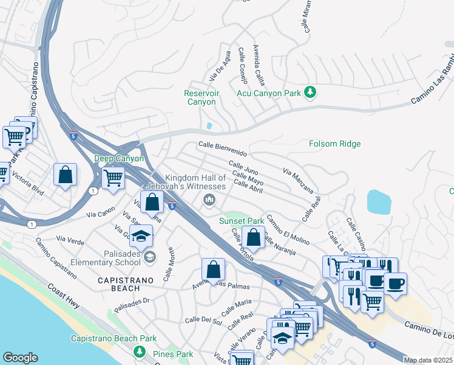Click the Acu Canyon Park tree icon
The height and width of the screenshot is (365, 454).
(311, 92)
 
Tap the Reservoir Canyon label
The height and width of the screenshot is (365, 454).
(202, 97)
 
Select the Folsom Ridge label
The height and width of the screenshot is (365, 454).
(334, 144)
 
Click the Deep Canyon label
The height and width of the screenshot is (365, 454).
(119, 159)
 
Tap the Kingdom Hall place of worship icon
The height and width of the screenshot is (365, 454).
(209, 200)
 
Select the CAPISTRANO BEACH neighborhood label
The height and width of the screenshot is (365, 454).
(126, 284)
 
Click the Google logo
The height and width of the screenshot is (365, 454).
(20, 358)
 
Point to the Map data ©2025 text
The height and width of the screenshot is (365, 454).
(427, 360)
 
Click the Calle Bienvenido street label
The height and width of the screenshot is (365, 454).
(223, 148)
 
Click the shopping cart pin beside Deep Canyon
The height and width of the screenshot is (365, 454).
(113, 178)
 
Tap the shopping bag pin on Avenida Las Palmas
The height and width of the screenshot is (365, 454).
(214, 269)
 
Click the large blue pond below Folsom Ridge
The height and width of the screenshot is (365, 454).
(379, 202)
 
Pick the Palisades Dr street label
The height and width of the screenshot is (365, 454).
(132, 303)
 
